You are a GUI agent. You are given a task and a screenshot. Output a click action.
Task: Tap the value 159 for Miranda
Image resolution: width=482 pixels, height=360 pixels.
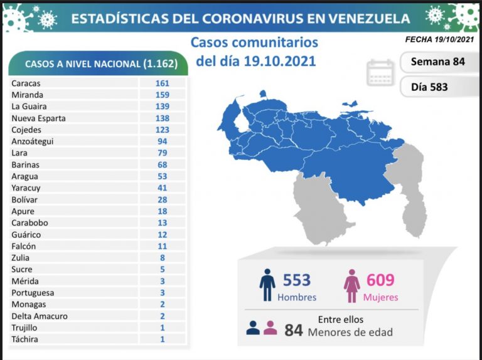163,95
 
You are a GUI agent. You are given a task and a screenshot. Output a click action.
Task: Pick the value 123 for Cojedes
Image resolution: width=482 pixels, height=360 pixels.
163,130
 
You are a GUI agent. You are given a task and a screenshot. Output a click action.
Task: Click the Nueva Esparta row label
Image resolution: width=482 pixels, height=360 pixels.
38,118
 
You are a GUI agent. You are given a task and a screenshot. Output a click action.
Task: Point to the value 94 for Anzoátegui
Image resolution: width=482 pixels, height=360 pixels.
163,141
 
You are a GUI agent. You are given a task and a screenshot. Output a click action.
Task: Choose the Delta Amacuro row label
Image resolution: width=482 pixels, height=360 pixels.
39,316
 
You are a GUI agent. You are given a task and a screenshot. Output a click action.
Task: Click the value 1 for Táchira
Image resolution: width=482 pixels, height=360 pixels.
163,339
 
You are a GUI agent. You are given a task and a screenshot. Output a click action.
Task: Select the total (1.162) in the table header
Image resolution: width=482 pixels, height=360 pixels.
159,64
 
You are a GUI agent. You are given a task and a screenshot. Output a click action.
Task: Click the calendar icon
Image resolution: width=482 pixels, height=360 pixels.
380,73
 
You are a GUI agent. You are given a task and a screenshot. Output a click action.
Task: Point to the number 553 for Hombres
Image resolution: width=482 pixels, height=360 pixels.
297,280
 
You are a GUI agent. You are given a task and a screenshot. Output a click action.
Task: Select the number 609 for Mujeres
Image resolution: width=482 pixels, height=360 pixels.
381,280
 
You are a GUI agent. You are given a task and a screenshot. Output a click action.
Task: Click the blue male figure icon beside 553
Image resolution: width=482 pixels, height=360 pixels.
267,285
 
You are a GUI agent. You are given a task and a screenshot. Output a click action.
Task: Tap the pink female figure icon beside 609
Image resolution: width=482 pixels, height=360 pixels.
351,285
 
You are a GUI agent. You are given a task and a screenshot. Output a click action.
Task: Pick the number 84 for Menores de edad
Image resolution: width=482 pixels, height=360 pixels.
294,329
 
